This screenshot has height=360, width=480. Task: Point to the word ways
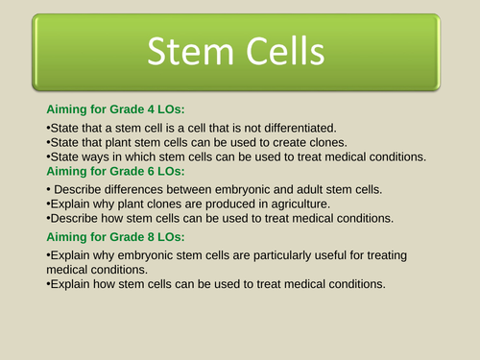[x=99, y=156]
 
